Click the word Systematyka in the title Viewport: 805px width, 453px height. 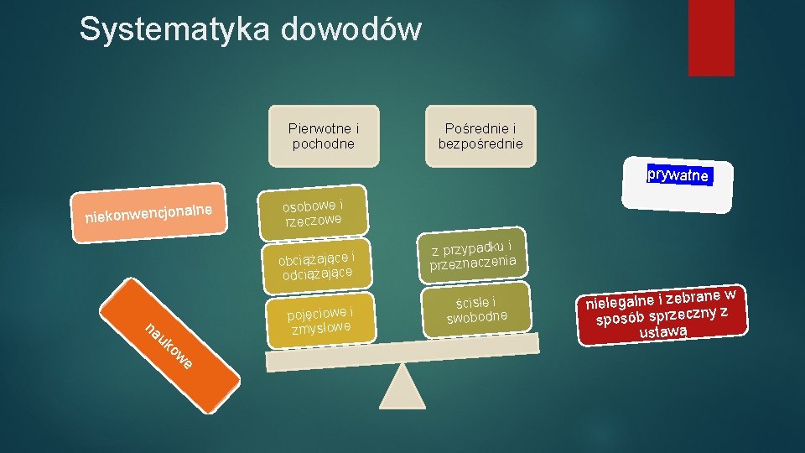click(x=174, y=30)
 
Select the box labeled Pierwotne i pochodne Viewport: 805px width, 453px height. click(x=324, y=136)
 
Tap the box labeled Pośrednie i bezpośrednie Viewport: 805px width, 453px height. click(x=480, y=136)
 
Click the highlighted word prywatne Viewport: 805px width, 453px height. click(x=678, y=176)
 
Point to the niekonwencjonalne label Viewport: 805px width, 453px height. click(x=151, y=212)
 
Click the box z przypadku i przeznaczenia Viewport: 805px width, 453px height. click(x=472, y=254)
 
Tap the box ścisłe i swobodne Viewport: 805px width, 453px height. click(x=477, y=310)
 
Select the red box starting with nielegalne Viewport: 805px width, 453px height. click(x=662, y=315)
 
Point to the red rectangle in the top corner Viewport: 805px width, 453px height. click(x=711, y=38)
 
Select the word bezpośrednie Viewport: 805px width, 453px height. click(x=480, y=143)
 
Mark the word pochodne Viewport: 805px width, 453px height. click(x=324, y=143)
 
